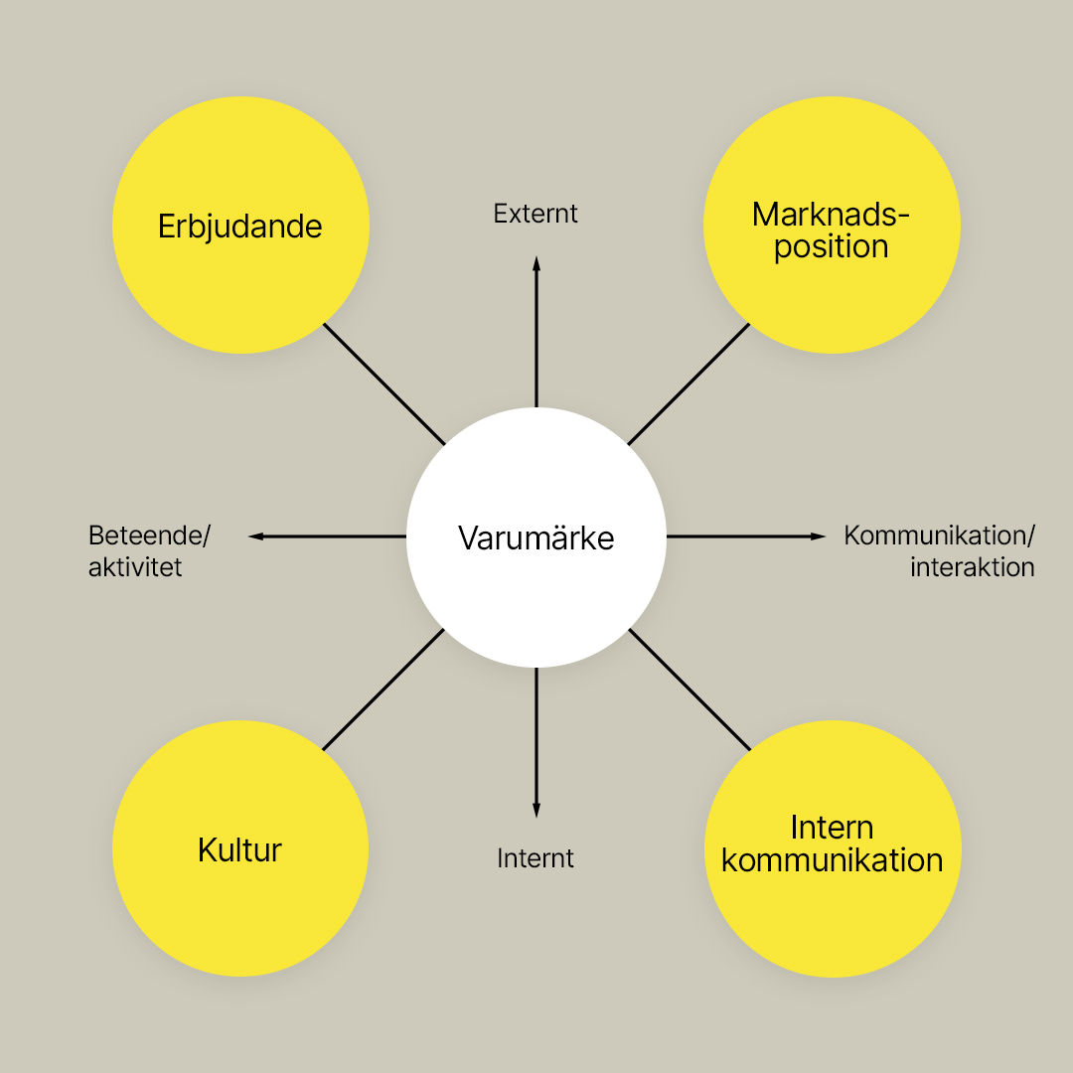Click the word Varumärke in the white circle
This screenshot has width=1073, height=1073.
click(x=536, y=537)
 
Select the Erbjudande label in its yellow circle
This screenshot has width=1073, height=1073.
click(x=240, y=227)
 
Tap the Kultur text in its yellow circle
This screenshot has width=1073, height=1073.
click(x=239, y=849)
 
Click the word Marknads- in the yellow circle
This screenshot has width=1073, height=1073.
click(x=831, y=215)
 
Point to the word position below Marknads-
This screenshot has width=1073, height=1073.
click(x=832, y=247)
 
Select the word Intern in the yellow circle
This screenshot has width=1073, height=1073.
click(x=833, y=828)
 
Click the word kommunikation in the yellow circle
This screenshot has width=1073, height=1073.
click(x=833, y=860)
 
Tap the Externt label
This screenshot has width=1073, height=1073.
click(x=536, y=214)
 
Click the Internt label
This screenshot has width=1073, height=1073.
click(x=536, y=858)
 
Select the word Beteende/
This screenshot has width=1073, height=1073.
click(x=149, y=536)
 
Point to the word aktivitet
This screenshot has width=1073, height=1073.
click(x=135, y=567)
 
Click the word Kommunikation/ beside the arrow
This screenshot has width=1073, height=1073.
click(x=940, y=536)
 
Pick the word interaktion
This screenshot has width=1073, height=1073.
click(x=973, y=567)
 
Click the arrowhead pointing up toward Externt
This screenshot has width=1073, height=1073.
click(x=536, y=264)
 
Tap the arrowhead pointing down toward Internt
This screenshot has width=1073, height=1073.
click(x=536, y=810)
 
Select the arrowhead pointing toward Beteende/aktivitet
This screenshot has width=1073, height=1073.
click(x=256, y=536)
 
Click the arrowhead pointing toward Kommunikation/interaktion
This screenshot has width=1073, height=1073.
click(x=819, y=536)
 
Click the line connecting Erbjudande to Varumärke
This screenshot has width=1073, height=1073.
click(x=383, y=383)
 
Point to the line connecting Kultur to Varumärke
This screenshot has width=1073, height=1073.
click(x=383, y=690)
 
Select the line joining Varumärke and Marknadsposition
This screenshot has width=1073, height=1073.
click(x=690, y=383)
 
